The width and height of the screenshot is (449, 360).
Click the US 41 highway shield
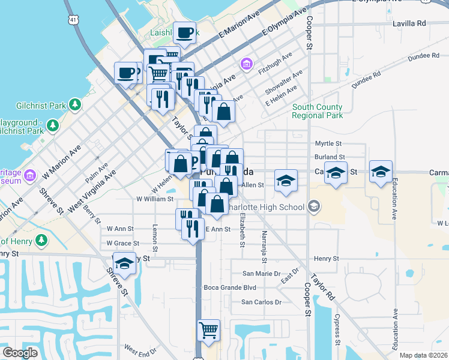click(x=73, y=20)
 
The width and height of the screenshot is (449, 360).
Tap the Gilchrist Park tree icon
click(x=75, y=105)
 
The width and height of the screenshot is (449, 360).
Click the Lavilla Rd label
click(x=409, y=23)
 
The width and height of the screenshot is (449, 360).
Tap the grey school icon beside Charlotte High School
click(x=313, y=207)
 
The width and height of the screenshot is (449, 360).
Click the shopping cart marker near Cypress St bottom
click(x=208, y=329)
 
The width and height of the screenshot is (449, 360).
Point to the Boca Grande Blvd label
click(x=230, y=287)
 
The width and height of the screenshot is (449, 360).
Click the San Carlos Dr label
click(x=261, y=302)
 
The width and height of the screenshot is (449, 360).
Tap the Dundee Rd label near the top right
click(x=424, y=55)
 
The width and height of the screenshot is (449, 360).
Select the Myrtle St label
click(x=328, y=144)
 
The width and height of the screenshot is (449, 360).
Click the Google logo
click(x=20, y=353)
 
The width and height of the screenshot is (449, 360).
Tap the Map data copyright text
click(x=424, y=355)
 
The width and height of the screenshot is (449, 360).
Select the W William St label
click(x=155, y=199)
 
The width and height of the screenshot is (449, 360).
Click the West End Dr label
click(x=140, y=348)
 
